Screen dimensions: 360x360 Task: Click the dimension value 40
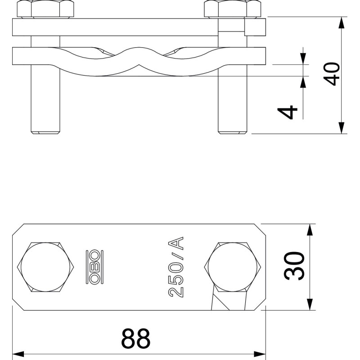click(x=331, y=74)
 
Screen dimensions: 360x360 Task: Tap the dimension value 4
click(x=288, y=112)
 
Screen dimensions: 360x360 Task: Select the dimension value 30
click(x=294, y=266)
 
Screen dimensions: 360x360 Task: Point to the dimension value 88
click(x=136, y=338)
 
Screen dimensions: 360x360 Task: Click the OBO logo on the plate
click(x=94, y=267)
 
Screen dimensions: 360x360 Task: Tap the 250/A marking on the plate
click(x=176, y=267)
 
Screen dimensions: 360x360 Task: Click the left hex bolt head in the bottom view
click(x=45, y=267)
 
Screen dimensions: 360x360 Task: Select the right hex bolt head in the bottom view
click(x=233, y=267)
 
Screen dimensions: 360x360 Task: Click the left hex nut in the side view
click(x=45, y=9)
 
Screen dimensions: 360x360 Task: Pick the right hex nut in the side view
click(x=233, y=9)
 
